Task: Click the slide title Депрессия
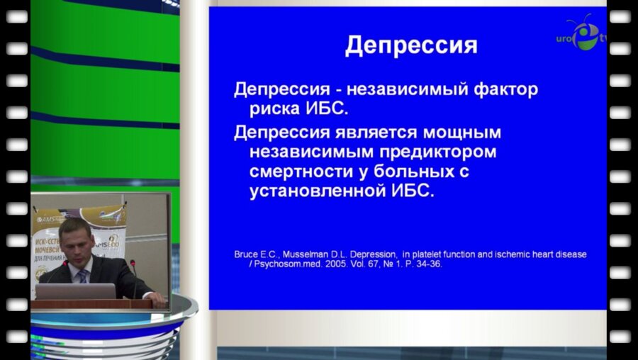click(411, 46)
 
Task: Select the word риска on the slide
click(279, 110)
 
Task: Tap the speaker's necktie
click(82, 274)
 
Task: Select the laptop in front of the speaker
click(75, 291)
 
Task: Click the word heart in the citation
click(543, 254)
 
